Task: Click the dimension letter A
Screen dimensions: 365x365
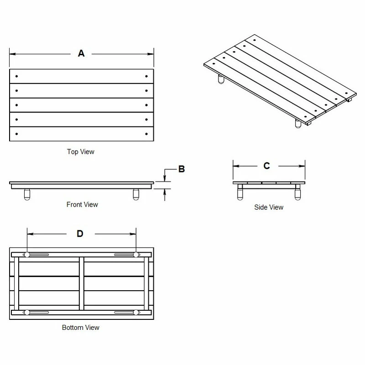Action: point(81,53)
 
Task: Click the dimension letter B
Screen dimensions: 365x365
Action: point(181,169)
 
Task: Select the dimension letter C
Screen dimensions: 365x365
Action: point(267,166)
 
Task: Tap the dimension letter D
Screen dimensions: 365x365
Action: point(80,234)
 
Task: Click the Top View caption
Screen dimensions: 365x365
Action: point(81,151)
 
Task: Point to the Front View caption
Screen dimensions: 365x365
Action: point(82,204)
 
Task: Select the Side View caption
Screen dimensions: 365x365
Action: point(269,207)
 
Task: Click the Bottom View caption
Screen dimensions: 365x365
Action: point(80,328)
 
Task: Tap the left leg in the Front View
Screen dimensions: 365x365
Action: point(27,195)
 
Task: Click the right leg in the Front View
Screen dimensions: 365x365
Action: point(136,195)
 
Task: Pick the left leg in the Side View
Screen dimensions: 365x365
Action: point(240,193)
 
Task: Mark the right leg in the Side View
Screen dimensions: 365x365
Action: point(298,193)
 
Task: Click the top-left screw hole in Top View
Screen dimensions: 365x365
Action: point(16,76)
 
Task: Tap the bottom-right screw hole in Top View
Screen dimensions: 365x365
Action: point(146,134)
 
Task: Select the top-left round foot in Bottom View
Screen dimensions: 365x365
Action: point(27,255)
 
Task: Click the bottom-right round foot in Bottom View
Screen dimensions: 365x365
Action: point(136,313)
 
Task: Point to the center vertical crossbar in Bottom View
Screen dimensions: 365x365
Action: point(82,283)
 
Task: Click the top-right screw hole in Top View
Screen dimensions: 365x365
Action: point(146,76)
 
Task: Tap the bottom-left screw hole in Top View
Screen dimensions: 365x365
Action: point(16,134)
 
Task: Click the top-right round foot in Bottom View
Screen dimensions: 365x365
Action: point(136,255)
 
